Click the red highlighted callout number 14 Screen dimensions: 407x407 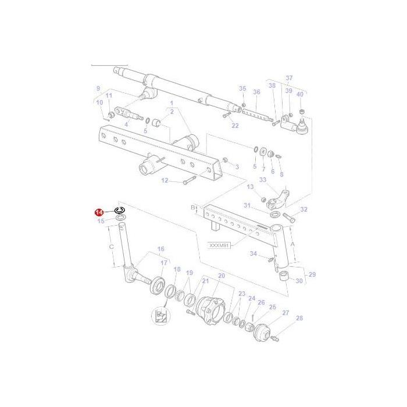coord(99,213)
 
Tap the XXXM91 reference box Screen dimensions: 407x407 coord(219,245)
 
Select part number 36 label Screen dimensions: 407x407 coord(256,92)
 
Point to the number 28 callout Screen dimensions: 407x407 coord(299,318)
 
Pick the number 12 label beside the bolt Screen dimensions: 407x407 coord(165,181)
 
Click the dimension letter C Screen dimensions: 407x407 coord(112,246)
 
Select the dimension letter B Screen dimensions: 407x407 coord(194,207)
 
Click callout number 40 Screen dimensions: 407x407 coord(300,94)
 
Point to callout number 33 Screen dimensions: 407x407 coord(263,180)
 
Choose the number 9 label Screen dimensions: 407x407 coord(98,88)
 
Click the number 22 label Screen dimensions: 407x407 coord(235,125)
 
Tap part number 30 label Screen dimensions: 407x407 coord(299,281)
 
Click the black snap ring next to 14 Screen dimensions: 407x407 coord(120,210)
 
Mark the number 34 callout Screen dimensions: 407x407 coord(253,254)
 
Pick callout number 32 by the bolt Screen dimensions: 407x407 coord(304,209)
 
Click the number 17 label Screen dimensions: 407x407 coord(164,262)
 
